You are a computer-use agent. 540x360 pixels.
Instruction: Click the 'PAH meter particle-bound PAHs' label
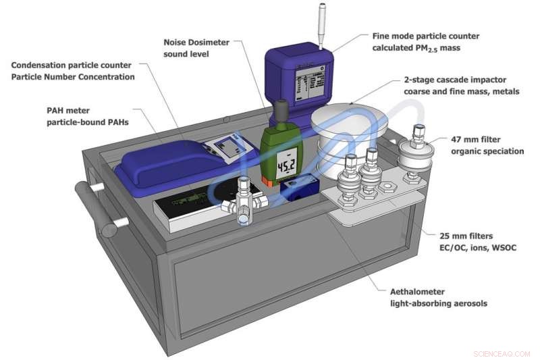(x=88, y=116)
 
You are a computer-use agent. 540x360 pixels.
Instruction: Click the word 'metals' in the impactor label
(x=505, y=91)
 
